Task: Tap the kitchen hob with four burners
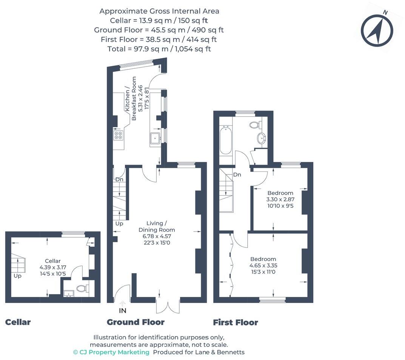point(118,135)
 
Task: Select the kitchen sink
point(155,139)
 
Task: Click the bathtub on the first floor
point(225,140)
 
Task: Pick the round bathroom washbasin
point(261,139)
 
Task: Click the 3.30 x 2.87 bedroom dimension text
point(280,199)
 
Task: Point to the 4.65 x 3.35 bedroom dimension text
point(263,265)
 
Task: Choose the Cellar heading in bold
point(18,322)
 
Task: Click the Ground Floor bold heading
point(136,322)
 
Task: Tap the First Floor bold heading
point(236,323)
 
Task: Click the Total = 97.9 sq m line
point(159,49)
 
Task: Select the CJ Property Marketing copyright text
point(111,352)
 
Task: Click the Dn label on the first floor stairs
point(237,175)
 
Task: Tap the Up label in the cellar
point(17,276)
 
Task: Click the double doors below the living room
point(168,305)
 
